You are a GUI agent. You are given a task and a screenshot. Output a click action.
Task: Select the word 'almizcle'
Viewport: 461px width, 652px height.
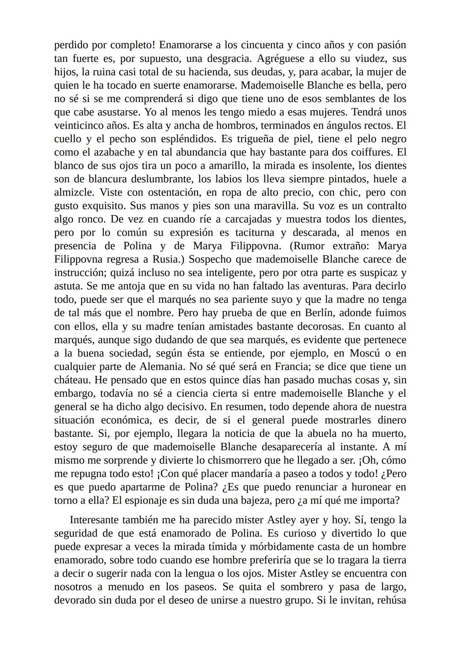pos(73,192)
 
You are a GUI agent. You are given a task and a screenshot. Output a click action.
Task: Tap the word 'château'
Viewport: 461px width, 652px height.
pos(71,380)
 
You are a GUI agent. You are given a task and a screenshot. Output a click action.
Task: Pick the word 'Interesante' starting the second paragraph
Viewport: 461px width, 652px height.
pos(95,520)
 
